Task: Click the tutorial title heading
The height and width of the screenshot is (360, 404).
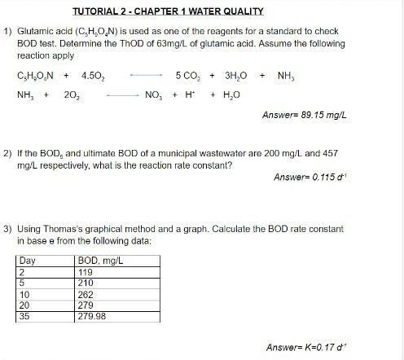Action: point(180,11)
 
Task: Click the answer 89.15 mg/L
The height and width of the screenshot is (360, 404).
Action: point(305,115)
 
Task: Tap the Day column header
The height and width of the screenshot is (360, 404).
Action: point(28,261)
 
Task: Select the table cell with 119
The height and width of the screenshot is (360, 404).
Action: point(86,272)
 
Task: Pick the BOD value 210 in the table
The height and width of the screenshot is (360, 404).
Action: point(86,283)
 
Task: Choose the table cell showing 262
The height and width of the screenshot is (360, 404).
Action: point(86,294)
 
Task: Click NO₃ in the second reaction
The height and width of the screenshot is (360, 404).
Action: point(153,94)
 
